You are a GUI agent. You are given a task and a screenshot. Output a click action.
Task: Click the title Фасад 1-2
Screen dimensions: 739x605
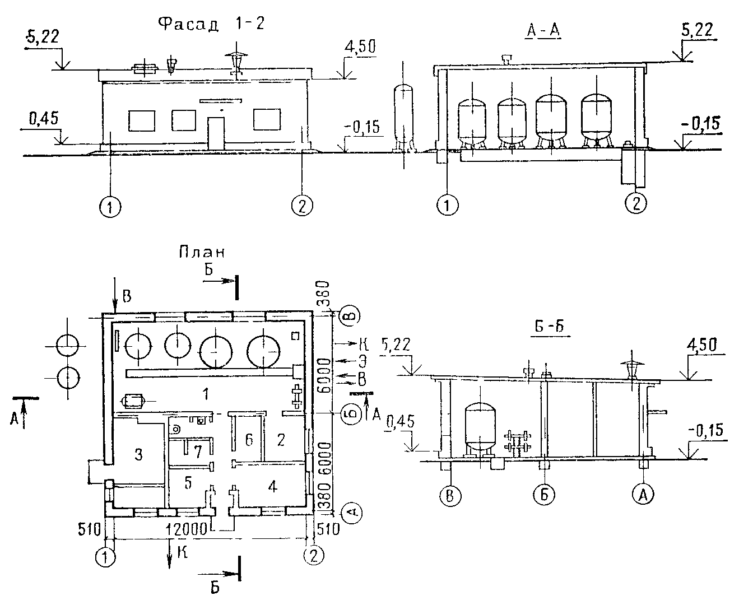click(x=211, y=25)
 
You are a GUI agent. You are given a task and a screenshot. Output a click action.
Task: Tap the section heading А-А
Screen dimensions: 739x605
click(x=543, y=31)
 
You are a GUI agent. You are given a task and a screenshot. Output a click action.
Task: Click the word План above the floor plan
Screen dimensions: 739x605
click(x=202, y=252)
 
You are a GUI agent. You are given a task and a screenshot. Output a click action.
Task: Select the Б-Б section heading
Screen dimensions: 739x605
click(x=550, y=327)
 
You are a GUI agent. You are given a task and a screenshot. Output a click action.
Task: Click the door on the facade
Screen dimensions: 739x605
click(x=216, y=134)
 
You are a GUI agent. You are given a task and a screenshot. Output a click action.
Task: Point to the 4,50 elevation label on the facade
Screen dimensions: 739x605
click(x=360, y=46)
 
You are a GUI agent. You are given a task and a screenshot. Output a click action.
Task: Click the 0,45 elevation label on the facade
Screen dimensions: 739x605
click(x=44, y=118)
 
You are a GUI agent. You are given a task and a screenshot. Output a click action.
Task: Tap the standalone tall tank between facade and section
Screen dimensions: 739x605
click(x=403, y=118)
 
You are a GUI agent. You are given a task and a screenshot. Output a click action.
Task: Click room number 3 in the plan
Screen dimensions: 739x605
click(x=138, y=455)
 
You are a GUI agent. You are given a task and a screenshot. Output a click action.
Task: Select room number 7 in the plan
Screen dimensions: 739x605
click(x=198, y=452)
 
